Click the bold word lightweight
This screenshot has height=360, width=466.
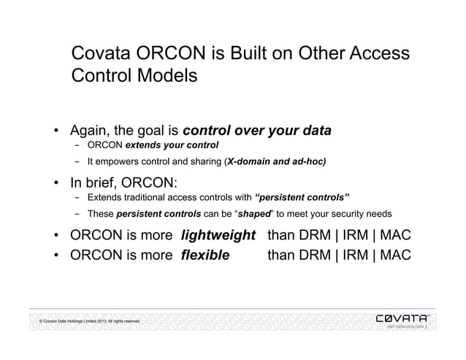(219, 236)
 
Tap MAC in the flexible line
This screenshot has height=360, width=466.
(394, 256)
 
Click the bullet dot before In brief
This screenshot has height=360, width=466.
(56, 183)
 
